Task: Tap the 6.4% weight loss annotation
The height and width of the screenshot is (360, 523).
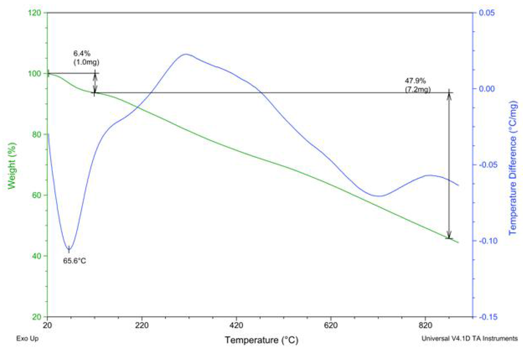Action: [x=82, y=53]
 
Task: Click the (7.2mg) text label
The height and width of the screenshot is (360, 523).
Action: [x=417, y=89]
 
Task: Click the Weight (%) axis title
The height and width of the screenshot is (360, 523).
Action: [x=12, y=165]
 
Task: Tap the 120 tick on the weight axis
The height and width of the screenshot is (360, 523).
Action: [x=35, y=13]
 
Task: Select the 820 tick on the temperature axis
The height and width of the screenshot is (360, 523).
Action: [x=425, y=325]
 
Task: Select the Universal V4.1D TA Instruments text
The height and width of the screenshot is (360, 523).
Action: [x=469, y=338]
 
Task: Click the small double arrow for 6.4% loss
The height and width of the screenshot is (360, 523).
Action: [x=94, y=83]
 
